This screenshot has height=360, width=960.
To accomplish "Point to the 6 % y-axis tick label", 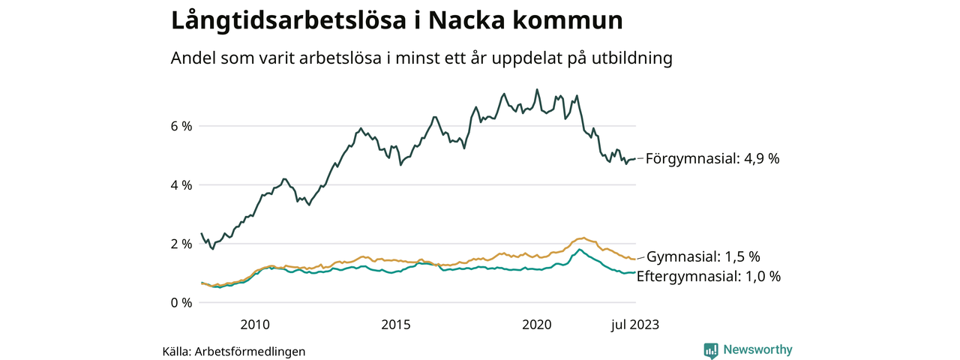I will [181, 126].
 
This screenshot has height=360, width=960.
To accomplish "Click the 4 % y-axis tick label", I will [181, 184].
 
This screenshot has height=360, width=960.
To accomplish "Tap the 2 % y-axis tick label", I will [181, 244].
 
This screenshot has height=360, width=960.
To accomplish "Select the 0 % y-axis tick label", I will [181, 302].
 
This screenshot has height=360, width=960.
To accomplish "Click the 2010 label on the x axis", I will [255, 325].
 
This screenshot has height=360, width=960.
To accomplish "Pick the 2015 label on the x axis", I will [396, 325].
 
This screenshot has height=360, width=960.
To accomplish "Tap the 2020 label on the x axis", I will [537, 325].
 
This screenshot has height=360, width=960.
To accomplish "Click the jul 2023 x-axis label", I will [634, 325].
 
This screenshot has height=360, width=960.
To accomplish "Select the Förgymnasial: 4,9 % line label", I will [712, 159].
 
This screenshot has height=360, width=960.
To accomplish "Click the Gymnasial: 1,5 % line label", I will [703, 256].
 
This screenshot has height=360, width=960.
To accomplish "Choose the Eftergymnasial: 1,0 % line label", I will [709, 276].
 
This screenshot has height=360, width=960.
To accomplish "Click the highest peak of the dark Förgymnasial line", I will [536, 90].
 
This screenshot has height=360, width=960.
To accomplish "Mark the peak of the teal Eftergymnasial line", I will [579, 250].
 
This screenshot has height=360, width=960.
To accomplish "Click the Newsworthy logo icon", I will [711, 349].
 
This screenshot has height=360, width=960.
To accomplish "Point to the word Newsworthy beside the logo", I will [757, 349].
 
